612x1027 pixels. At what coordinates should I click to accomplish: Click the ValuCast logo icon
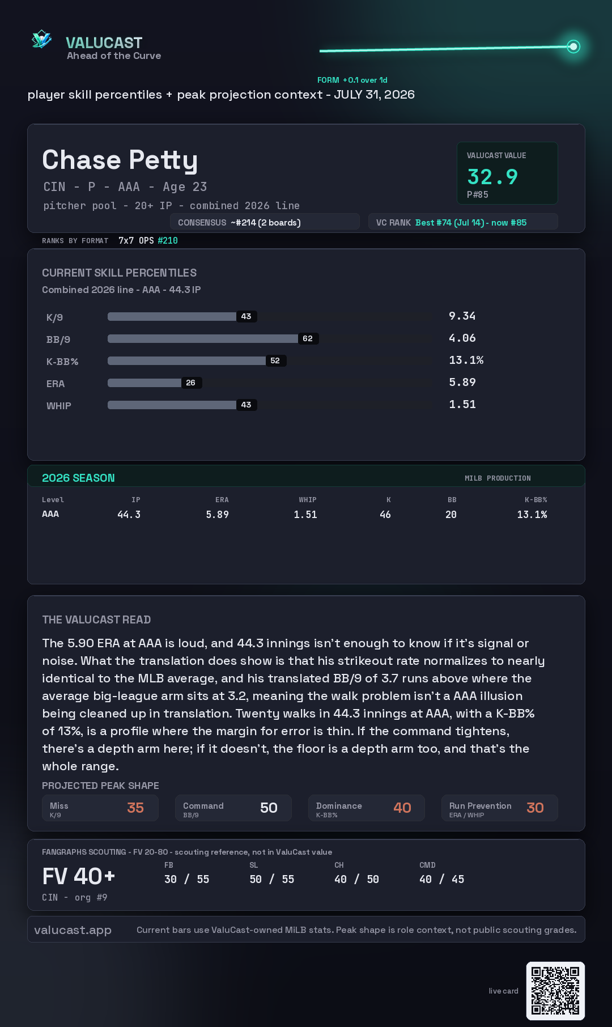pos(42,39)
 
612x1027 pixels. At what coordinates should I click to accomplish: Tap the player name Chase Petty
pos(120,160)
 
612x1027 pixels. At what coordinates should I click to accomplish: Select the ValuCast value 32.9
pos(492,177)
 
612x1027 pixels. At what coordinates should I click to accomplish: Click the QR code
pos(555,991)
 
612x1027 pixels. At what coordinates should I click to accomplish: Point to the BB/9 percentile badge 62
pos(308,338)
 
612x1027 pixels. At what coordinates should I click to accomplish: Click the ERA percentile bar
pos(144,383)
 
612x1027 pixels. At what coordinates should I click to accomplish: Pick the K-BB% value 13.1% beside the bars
pos(466,360)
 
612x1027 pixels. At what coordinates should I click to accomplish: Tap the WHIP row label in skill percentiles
pos(59,406)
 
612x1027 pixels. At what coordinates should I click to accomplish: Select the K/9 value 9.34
pos(462,316)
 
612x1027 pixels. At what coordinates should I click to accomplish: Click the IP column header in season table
pos(136,500)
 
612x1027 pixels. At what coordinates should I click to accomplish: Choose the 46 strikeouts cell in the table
pos(385,515)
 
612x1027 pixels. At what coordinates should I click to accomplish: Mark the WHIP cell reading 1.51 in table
pos(305,515)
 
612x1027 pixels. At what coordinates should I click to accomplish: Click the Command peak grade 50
pos(269,808)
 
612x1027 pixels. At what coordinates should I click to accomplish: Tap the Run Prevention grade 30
pos(535,808)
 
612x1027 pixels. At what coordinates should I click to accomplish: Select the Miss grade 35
pos(135,808)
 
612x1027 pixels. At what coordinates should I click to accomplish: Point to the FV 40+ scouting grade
pos(79,876)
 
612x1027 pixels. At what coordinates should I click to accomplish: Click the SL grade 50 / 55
pos(272,879)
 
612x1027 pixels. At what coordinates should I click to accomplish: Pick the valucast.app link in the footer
pos(73,930)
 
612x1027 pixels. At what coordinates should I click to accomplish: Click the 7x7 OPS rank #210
pos(168,240)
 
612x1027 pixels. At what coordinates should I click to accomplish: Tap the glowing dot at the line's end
pos(573,46)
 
